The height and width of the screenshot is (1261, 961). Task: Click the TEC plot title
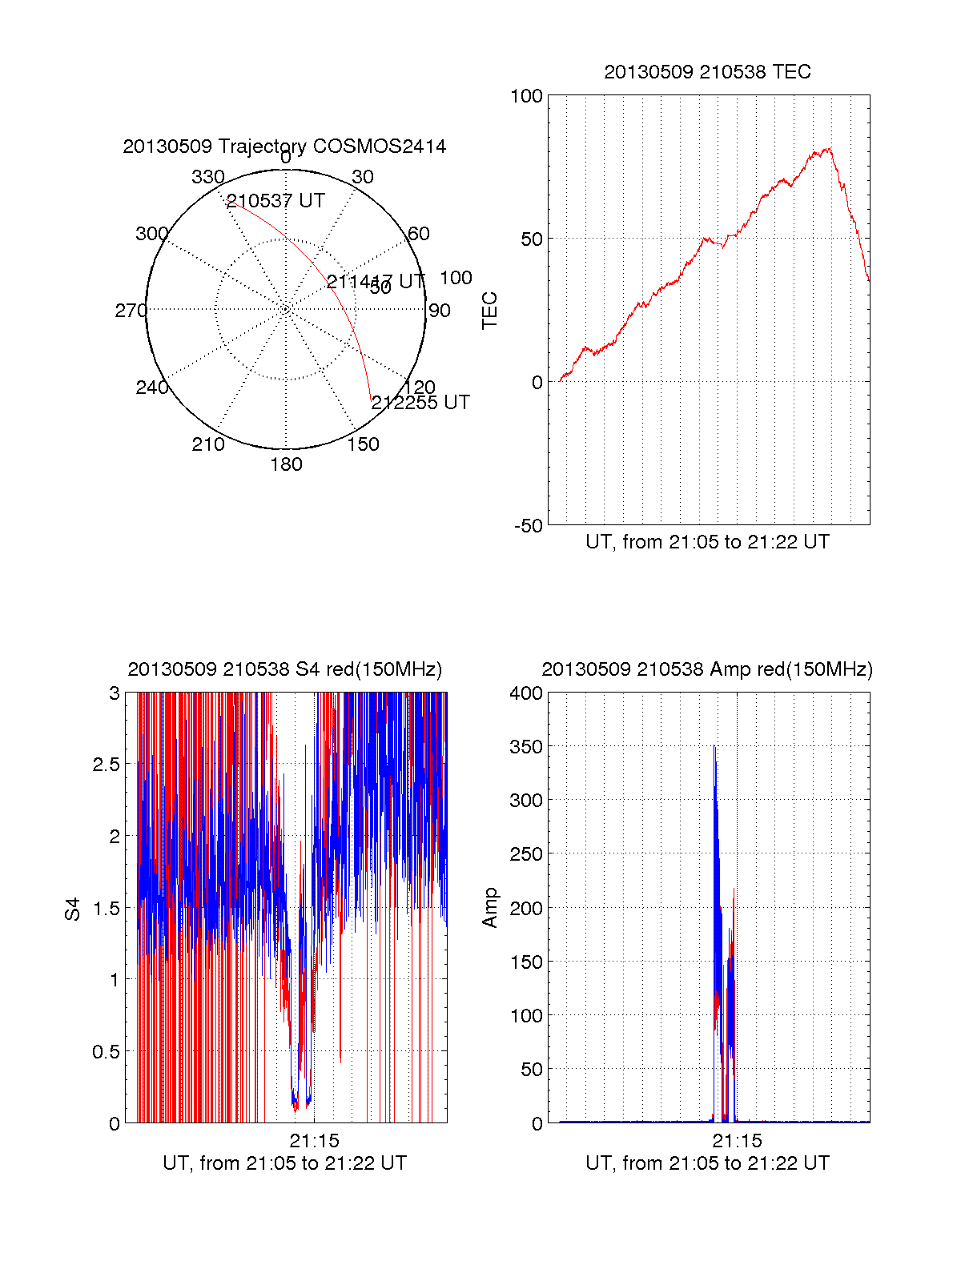click(x=707, y=72)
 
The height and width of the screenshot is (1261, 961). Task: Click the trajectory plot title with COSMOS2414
click(x=284, y=147)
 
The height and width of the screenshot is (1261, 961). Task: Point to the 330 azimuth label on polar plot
click(x=207, y=177)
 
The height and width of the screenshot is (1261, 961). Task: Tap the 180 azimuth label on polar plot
click(x=286, y=464)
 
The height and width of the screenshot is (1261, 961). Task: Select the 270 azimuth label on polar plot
click(x=131, y=311)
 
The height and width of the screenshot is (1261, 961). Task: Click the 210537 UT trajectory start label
click(x=275, y=201)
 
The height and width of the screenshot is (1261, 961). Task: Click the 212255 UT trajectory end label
click(x=420, y=403)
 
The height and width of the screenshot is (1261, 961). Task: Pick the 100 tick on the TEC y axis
click(x=526, y=96)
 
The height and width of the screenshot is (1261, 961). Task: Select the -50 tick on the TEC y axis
click(x=528, y=526)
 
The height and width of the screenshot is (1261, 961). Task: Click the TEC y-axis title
click(x=489, y=311)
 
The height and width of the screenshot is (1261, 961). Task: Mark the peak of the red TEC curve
click(x=830, y=148)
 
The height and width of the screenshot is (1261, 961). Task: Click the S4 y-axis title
click(x=73, y=909)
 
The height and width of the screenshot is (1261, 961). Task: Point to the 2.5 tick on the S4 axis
click(x=107, y=765)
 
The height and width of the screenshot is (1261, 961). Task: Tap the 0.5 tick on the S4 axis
click(x=107, y=1051)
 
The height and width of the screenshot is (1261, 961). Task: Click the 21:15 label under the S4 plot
click(x=314, y=1141)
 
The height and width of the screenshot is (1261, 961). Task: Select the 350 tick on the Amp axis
click(x=526, y=747)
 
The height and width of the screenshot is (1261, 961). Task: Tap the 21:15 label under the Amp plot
click(x=737, y=1141)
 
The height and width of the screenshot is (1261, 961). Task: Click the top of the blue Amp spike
click(x=714, y=748)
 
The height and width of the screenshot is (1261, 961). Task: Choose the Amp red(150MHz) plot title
click(x=707, y=669)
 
